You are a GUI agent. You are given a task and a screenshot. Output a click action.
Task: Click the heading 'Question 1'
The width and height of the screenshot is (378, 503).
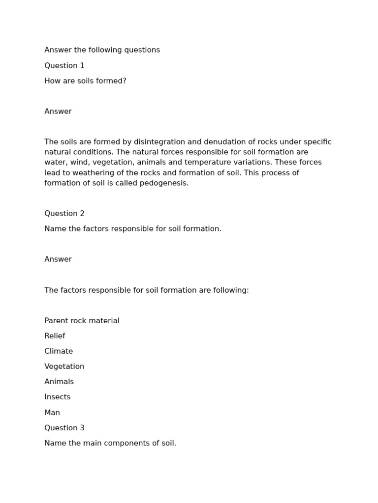pos(64,65)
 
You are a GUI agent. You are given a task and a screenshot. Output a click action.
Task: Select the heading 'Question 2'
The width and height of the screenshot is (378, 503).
pos(64,213)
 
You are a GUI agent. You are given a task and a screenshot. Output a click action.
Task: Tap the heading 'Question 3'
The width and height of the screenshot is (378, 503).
pos(64,427)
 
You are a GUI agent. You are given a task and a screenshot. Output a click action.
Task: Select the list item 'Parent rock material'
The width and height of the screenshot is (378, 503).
pos(82,321)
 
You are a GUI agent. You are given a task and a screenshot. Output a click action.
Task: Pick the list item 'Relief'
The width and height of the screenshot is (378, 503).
pos(55,336)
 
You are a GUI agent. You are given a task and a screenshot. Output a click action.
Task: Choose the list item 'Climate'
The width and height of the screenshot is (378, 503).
pos(59,351)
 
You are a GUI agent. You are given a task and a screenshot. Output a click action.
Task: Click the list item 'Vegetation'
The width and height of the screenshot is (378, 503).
pos(64,366)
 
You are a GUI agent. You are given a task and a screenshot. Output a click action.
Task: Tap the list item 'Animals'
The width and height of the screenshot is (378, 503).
pos(59,382)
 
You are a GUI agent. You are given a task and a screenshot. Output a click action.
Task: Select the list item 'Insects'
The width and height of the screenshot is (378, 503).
pos(58,397)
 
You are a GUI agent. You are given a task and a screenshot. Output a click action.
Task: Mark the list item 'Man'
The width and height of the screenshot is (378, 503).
pos(52,413)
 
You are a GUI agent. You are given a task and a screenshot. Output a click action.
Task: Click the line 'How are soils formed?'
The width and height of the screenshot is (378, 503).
pos(85,81)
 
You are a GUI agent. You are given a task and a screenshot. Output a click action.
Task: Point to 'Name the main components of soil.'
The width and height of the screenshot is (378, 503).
pos(110,443)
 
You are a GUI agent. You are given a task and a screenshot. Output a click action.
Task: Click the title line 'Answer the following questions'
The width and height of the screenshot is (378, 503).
pos(102,50)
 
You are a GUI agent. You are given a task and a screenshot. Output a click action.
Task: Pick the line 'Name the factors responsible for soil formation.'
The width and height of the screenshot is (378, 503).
pos(133,229)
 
